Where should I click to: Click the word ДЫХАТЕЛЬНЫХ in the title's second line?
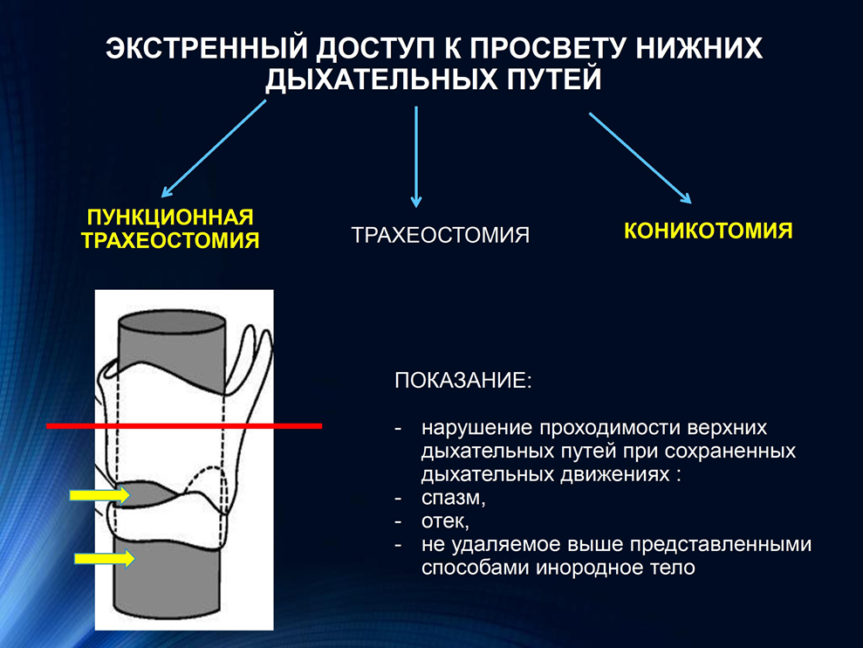click(x=380, y=79)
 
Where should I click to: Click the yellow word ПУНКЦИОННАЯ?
click(x=170, y=217)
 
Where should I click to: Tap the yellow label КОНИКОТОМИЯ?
click(x=709, y=231)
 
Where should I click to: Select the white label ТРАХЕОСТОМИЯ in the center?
click(x=441, y=235)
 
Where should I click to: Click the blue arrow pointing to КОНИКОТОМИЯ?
click(x=640, y=158)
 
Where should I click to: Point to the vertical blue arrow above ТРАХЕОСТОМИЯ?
click(x=416, y=157)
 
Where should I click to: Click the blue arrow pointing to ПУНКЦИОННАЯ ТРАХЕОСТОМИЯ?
click(x=214, y=148)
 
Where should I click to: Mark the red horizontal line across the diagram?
click(x=184, y=425)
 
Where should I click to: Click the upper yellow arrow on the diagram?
click(x=99, y=495)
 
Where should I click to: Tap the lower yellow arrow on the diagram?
click(x=105, y=559)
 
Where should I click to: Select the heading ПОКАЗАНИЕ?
click(x=463, y=380)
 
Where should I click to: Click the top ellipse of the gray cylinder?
click(x=172, y=321)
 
